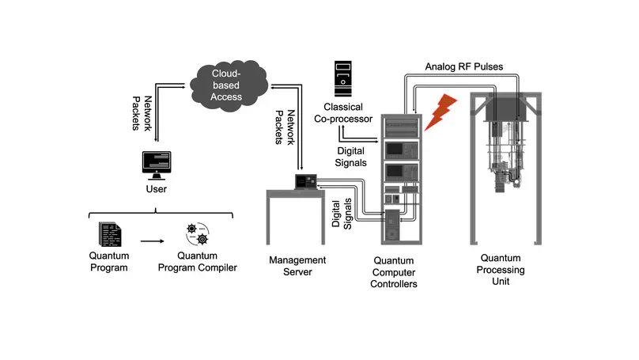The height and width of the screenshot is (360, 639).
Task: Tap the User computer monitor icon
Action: pos(157,165)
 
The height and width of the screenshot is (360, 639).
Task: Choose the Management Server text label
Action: pos(297,266)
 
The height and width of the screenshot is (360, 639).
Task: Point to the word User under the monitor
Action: pos(156,190)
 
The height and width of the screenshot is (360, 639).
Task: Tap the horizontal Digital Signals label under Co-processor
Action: pos(351,157)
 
